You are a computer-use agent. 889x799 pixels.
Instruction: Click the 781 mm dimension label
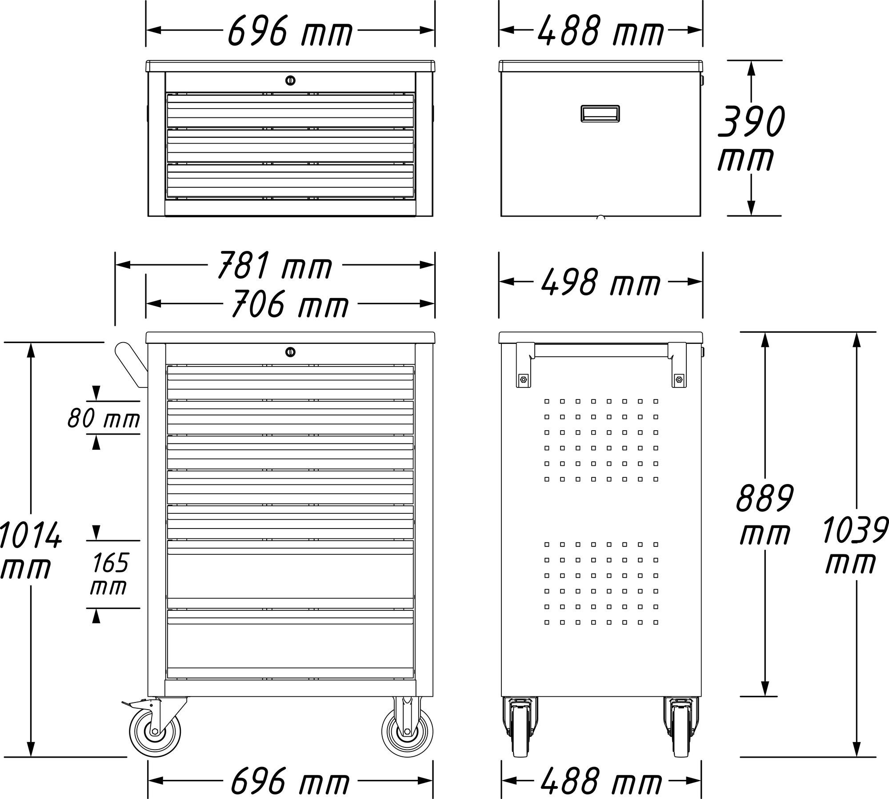pyautogui.click(x=275, y=265)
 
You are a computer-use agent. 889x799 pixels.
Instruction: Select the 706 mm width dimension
pyautogui.click(x=290, y=304)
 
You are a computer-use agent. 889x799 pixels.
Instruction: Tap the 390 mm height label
pyautogui.click(x=751, y=138)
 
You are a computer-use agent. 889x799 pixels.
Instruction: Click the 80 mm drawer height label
pyautogui.click(x=104, y=418)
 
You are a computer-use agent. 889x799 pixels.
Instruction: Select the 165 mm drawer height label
pyautogui.click(x=110, y=573)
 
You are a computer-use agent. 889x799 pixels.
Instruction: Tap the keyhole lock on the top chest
pyautogui.click(x=290, y=81)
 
